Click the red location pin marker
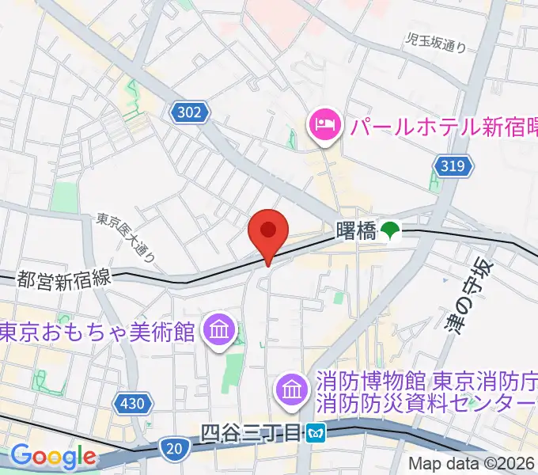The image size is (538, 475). point(267,232)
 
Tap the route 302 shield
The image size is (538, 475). point(189,112)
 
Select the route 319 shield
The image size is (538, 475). point(454,166)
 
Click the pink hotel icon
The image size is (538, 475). point(325,123)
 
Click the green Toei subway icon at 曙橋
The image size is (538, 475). point(390,231)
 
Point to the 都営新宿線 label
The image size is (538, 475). point(66,279)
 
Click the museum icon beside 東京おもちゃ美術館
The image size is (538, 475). point(216,327)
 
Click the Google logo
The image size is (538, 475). point(54,457)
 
